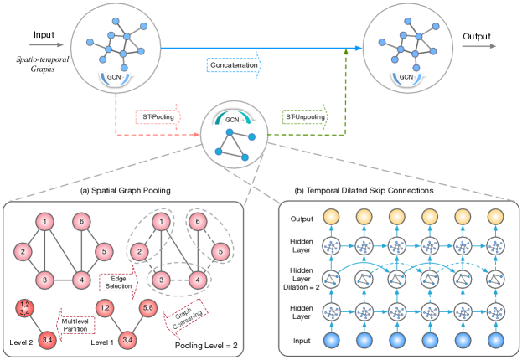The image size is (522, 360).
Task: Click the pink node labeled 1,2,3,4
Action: (x=24, y=308)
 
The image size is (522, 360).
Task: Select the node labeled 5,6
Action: (x=150, y=308)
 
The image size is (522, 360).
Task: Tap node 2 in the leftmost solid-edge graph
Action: (x=23, y=250)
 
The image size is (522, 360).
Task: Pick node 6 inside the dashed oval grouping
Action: (x=198, y=222)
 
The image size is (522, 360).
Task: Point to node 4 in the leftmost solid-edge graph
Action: (x=81, y=279)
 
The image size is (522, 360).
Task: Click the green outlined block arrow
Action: (x=305, y=116)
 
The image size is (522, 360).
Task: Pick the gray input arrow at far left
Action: (x=47, y=45)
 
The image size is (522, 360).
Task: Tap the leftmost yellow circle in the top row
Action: (x=330, y=216)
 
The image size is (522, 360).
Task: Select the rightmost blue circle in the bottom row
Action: (x=495, y=340)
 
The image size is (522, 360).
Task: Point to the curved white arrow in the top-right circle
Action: (x=407, y=79)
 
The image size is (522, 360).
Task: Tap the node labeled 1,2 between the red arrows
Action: (x=105, y=308)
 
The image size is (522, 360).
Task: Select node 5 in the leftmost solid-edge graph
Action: (x=104, y=250)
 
